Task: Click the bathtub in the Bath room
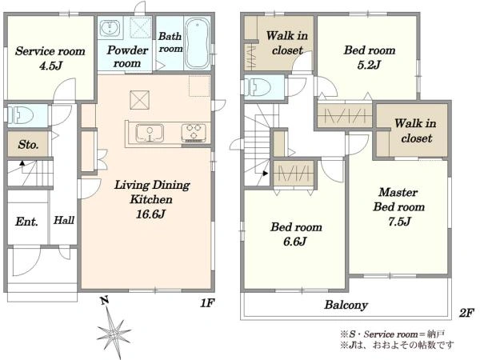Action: [198, 43]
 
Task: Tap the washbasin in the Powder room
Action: [110, 28]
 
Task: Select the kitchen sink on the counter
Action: [150, 133]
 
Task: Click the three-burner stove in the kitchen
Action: [194, 132]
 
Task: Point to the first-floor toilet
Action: [20, 116]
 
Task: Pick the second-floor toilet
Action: [258, 87]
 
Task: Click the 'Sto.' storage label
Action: [28, 144]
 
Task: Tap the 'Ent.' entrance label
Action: [26, 222]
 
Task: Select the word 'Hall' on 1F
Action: [64, 220]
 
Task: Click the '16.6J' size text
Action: [150, 214]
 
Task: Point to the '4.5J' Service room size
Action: [51, 66]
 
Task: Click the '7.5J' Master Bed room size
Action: [399, 221]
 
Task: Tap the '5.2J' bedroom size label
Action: [369, 65]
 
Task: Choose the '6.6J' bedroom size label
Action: [295, 242]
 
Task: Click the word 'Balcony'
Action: [346, 305]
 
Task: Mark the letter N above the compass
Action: [105, 301]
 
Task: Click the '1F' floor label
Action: [207, 303]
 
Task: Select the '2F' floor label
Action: [466, 313]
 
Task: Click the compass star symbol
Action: [114, 332]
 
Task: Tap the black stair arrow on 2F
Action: [265, 174]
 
